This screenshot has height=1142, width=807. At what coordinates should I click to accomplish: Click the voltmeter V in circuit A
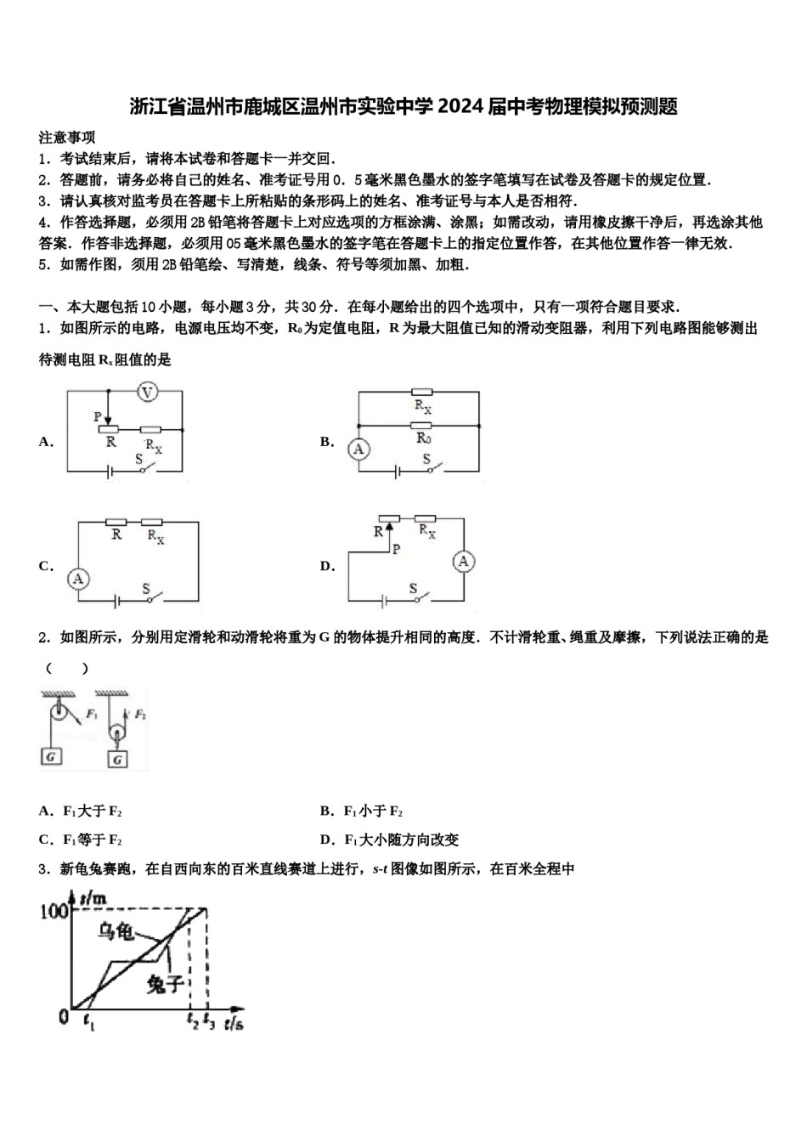(148, 392)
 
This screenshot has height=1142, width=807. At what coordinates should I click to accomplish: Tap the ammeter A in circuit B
(358, 448)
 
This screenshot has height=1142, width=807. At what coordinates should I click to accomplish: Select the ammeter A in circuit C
(78, 579)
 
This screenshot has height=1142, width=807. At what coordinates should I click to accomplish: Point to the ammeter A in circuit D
(464, 561)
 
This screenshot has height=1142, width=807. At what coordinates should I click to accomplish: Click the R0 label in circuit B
(423, 438)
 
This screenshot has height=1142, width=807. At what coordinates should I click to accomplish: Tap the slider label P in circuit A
(99, 416)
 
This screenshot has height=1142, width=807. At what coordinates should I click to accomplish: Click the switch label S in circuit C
(146, 588)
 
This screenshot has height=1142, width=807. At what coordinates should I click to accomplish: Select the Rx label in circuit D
(427, 531)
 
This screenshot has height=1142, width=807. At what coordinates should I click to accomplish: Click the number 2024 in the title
(460, 107)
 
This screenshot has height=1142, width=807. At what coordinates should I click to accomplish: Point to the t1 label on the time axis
(90, 1025)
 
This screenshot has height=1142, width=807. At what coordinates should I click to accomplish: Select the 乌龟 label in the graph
(116, 932)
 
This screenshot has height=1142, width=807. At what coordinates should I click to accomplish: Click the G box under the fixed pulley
(52, 755)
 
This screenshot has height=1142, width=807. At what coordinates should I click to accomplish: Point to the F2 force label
(140, 715)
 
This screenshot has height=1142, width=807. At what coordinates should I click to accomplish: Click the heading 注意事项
(67, 137)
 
